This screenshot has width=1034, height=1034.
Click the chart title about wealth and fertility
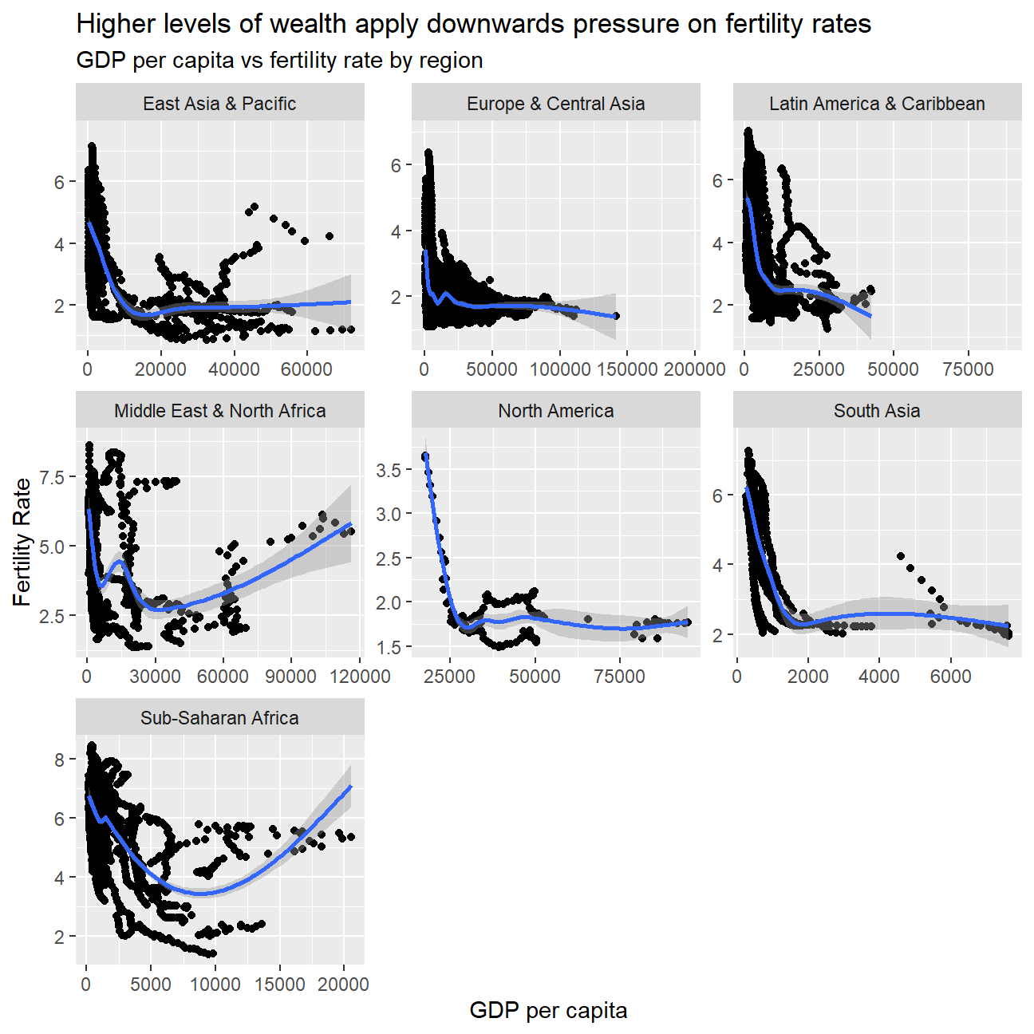(473, 24)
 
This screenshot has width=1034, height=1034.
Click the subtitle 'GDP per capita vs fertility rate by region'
(279, 61)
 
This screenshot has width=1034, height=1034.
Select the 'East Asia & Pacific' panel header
(219, 104)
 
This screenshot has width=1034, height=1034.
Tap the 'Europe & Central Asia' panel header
(555, 104)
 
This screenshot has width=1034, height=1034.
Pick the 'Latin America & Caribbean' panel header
(877, 104)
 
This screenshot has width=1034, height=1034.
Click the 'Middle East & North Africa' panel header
(219, 411)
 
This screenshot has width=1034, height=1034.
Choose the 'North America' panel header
(555, 411)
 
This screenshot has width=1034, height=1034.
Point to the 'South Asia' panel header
(877, 411)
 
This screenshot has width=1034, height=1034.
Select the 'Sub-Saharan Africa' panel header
(219, 718)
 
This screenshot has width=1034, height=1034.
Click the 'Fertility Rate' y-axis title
(22, 543)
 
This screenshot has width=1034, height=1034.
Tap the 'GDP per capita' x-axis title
(548, 1011)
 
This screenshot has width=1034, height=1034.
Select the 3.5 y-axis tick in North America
(389, 470)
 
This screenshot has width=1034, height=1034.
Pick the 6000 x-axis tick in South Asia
(950, 677)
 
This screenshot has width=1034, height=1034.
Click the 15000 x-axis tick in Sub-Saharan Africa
(279, 985)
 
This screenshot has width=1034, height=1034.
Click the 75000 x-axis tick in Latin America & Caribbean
(968, 369)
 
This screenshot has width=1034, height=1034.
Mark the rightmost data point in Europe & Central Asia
(616, 316)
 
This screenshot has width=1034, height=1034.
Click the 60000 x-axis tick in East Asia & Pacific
(306, 369)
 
